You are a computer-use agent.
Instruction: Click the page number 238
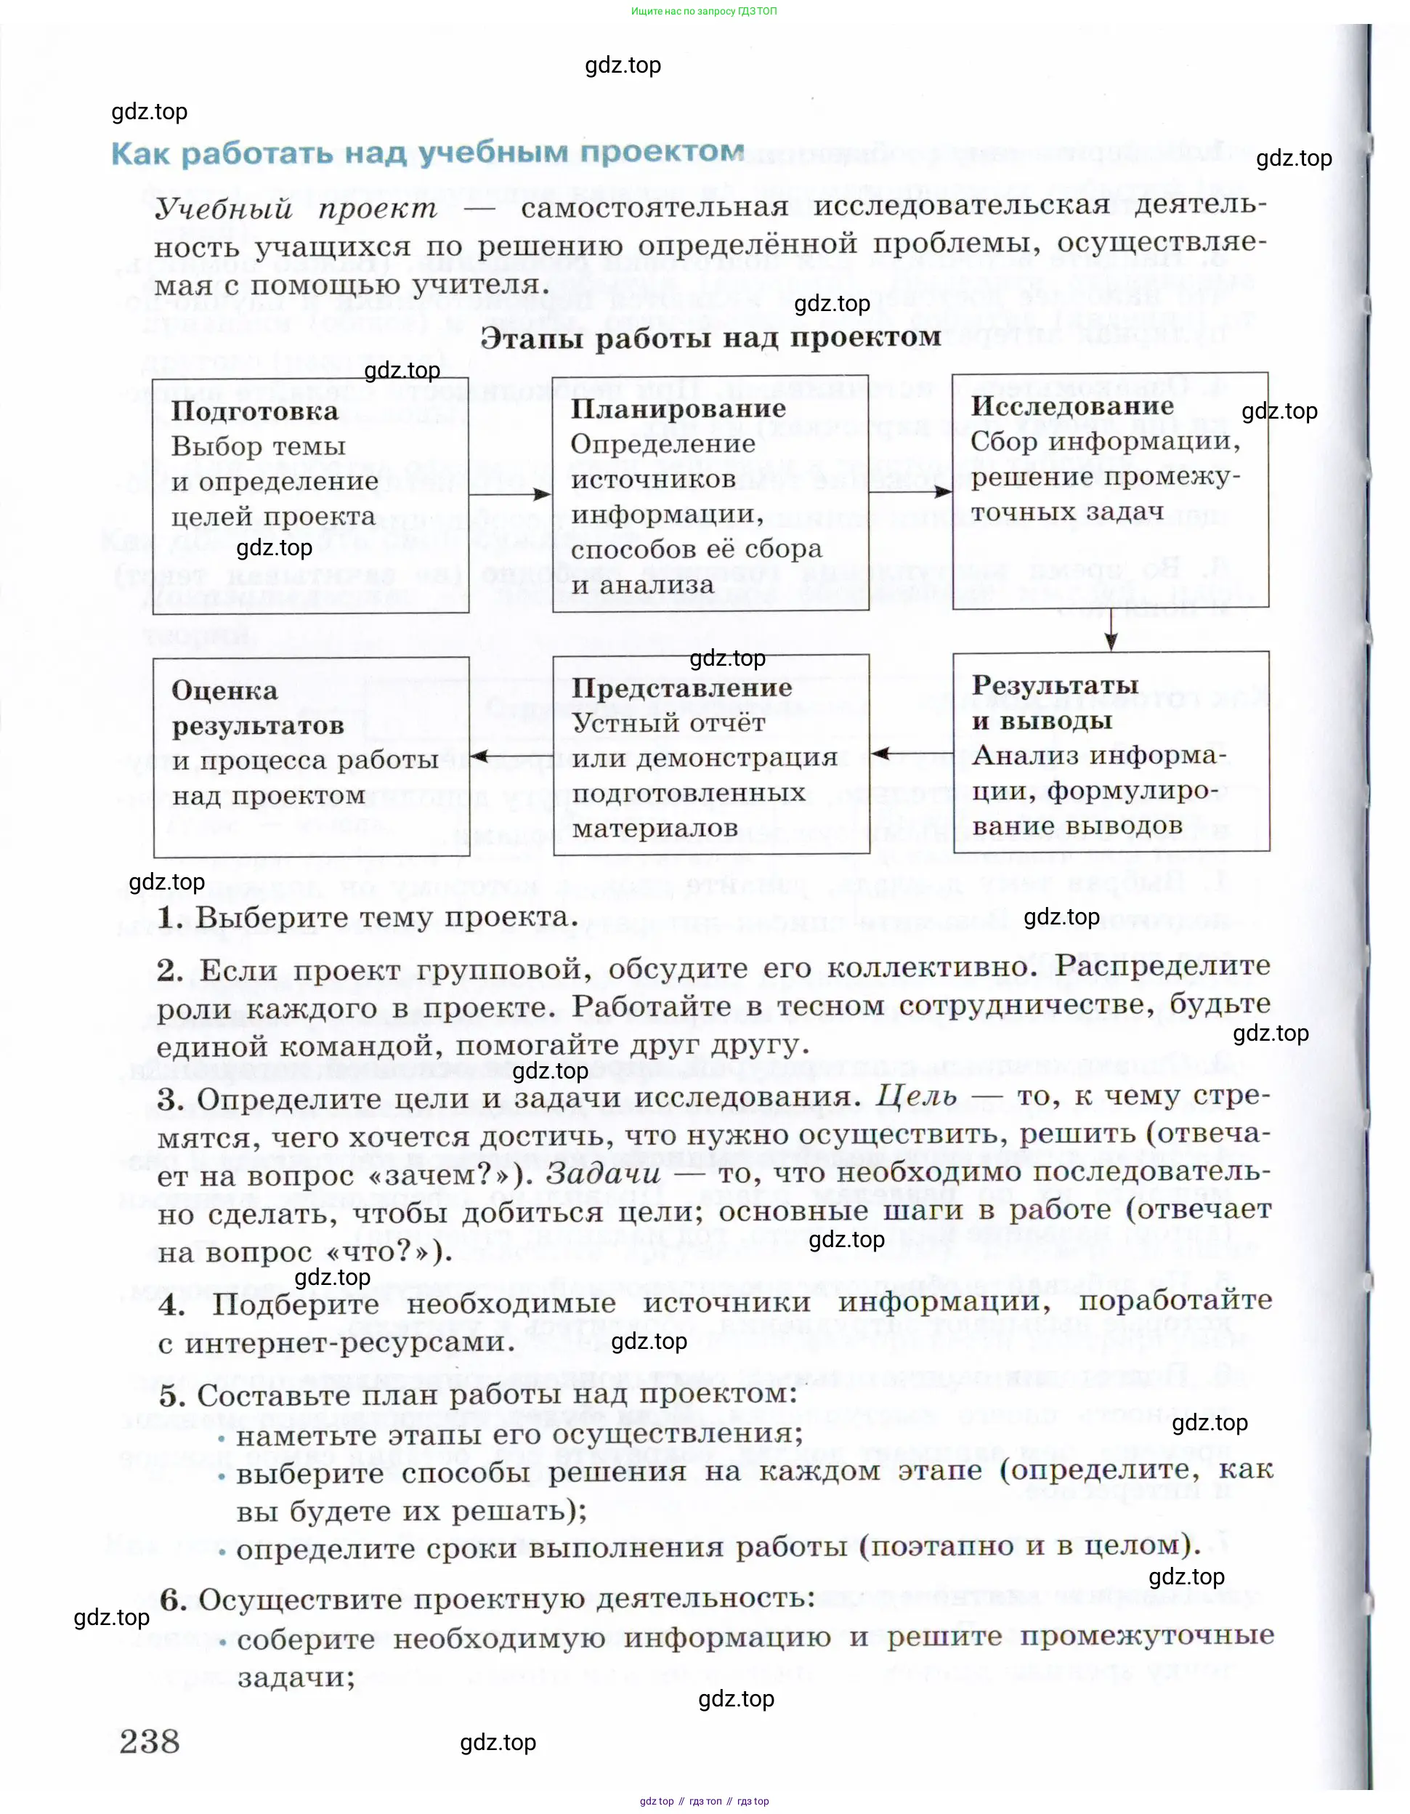click(150, 1741)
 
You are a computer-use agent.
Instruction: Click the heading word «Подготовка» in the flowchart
click(255, 411)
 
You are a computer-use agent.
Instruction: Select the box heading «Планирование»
click(678, 408)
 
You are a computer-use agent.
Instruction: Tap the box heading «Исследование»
click(1073, 406)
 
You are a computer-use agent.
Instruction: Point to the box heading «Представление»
click(681, 688)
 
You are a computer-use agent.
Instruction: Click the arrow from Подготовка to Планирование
click(510, 494)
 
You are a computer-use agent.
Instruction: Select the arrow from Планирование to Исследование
click(910, 492)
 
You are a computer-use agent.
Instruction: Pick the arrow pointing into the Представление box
click(911, 754)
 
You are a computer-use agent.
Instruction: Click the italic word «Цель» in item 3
click(917, 1097)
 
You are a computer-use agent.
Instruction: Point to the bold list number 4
click(172, 1305)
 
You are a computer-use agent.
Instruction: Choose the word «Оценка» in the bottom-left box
click(224, 690)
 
